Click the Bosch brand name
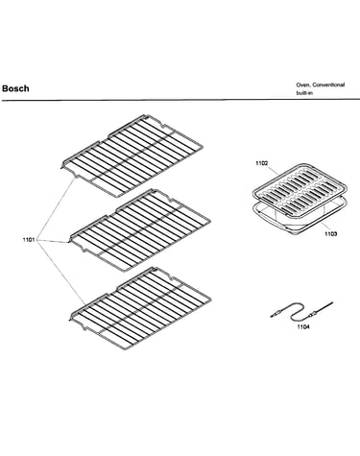click(x=15, y=88)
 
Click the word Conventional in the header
click(x=328, y=84)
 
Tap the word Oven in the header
click(x=302, y=84)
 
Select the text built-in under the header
click(x=304, y=93)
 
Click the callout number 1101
click(x=29, y=240)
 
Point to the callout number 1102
click(x=261, y=163)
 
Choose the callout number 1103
click(x=330, y=234)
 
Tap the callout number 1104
click(x=303, y=326)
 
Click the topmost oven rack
click(x=132, y=156)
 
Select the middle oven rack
click(x=140, y=230)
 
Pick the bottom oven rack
click(x=140, y=308)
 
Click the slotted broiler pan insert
click(x=300, y=189)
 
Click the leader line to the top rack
click(x=57, y=208)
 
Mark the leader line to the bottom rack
click(x=61, y=273)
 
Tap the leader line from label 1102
click(x=273, y=169)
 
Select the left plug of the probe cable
click(x=276, y=315)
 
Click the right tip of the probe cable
click(x=332, y=302)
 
